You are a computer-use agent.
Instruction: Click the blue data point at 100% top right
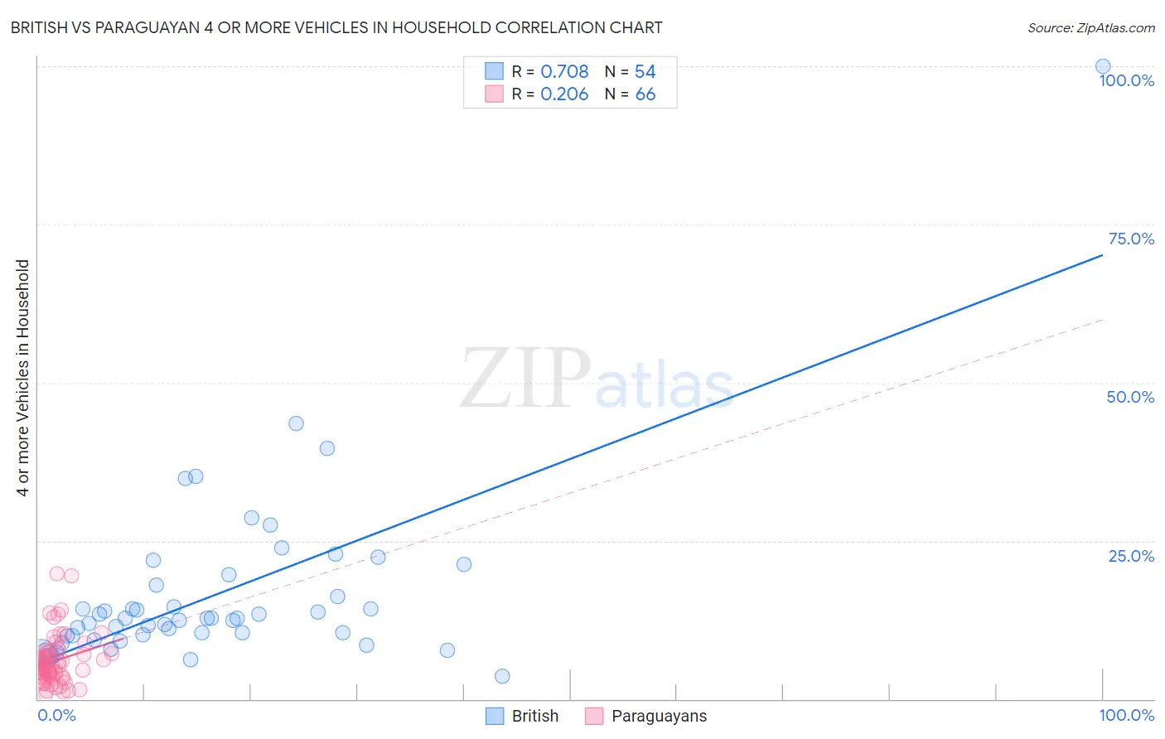[1102, 66]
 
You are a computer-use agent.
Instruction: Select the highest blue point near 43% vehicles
[296, 423]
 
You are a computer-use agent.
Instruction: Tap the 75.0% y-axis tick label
[1131, 239]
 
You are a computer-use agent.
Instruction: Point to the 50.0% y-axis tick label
[1130, 397]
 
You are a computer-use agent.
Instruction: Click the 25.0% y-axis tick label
[1131, 556]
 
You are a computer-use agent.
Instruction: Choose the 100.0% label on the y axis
[1126, 80]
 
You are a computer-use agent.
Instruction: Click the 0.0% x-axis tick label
[56, 715]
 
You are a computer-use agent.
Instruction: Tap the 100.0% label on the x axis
[1126, 715]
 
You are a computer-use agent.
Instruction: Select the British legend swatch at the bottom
[495, 716]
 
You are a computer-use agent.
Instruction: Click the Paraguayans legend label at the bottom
[659, 716]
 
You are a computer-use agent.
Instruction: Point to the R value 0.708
[564, 71]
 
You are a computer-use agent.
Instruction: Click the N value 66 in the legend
[645, 94]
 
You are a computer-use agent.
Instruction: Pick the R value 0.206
[564, 94]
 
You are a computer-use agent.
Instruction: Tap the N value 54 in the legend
[645, 71]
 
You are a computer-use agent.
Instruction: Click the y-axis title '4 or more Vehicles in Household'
[22, 378]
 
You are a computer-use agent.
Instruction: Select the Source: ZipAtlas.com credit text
[1090, 27]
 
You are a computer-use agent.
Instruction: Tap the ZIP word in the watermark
[524, 379]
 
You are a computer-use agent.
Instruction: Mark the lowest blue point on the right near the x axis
[501, 676]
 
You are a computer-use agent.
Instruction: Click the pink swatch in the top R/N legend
[495, 94]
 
